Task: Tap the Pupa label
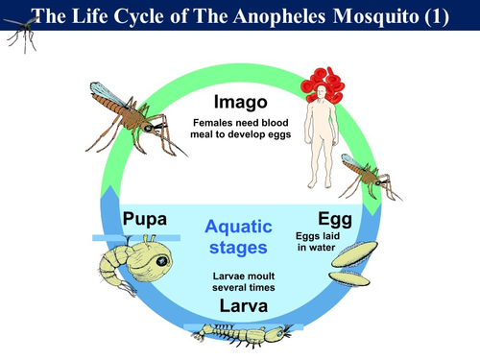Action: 146,220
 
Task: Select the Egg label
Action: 334,220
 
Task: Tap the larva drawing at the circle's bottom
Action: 240,333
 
